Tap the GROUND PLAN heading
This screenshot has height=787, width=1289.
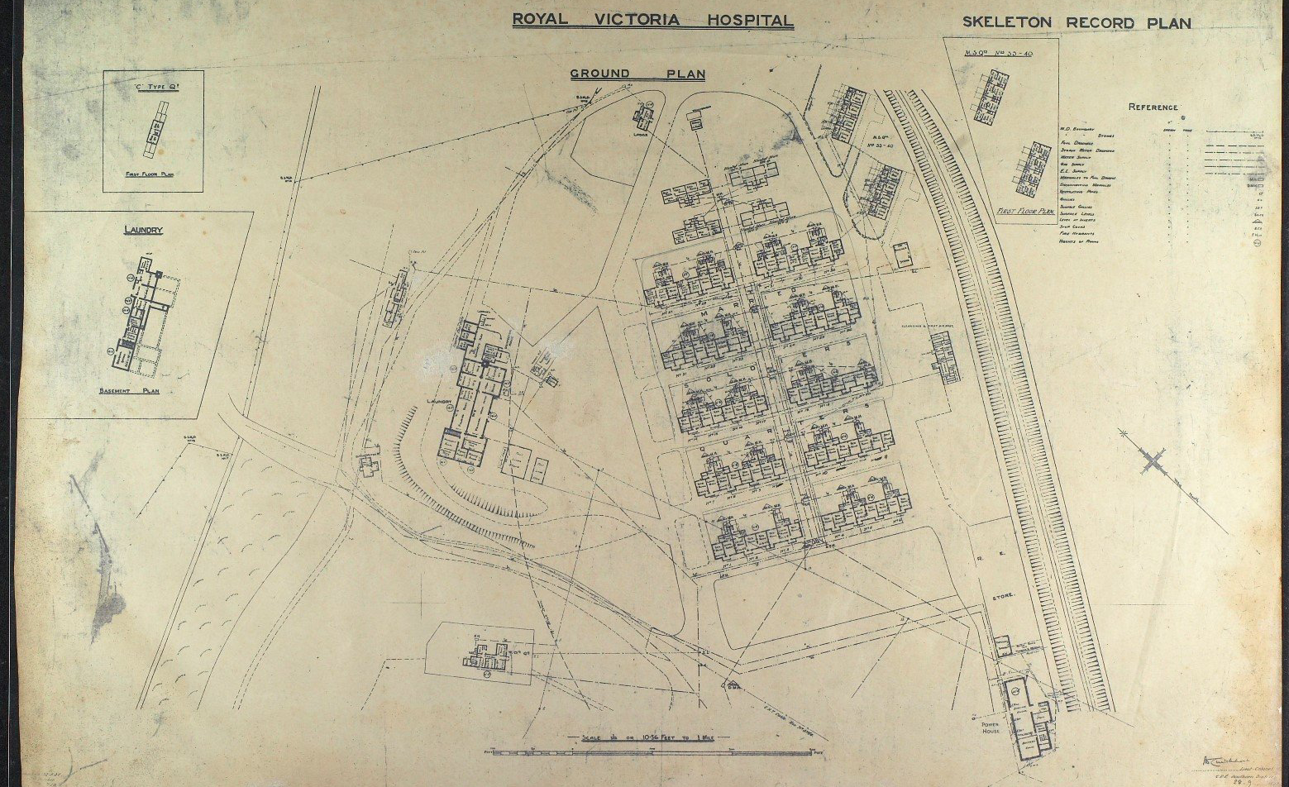coord(637,74)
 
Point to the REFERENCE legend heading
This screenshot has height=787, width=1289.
coord(1153,107)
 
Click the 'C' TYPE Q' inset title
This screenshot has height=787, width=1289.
coord(153,84)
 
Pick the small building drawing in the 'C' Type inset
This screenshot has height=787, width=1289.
coord(153,129)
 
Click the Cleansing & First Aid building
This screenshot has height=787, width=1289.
coord(943,359)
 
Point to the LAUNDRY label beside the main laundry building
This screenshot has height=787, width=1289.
coord(437,403)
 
